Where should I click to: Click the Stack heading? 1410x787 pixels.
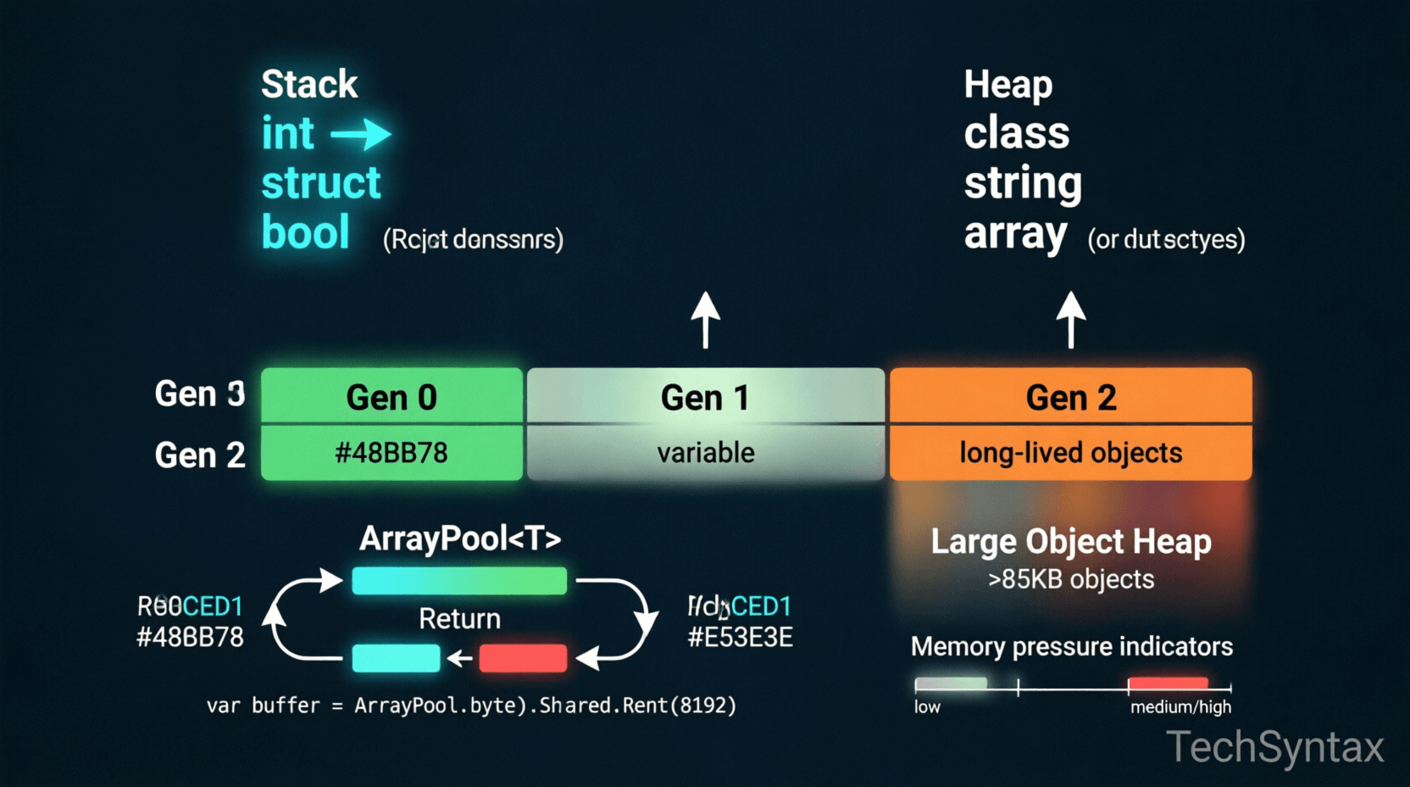click(309, 84)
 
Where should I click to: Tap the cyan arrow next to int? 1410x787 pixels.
click(361, 134)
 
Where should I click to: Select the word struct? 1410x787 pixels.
click(321, 183)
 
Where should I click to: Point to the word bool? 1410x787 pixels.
click(305, 232)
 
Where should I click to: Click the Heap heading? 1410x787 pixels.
click(1008, 84)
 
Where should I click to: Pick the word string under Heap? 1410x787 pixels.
click(1023, 183)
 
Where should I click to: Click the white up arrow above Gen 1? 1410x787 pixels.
click(706, 320)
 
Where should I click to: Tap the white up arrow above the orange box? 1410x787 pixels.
click(1071, 320)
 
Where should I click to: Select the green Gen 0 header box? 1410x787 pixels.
click(391, 396)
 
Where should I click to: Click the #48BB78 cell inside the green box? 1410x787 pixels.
click(391, 453)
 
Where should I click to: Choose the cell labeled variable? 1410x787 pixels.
click(706, 453)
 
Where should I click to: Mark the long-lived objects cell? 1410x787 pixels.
click(1070, 453)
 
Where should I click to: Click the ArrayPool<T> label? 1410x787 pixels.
click(460, 539)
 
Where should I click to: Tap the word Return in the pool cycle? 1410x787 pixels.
click(459, 618)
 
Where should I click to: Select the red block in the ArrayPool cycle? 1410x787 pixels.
click(523, 658)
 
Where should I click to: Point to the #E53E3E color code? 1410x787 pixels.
click(740, 637)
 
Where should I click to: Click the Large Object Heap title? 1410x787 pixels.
click(1071, 542)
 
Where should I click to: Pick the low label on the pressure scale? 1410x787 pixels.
click(927, 707)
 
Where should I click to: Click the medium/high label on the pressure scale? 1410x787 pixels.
click(1180, 707)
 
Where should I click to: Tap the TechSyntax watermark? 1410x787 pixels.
click(1274, 747)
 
